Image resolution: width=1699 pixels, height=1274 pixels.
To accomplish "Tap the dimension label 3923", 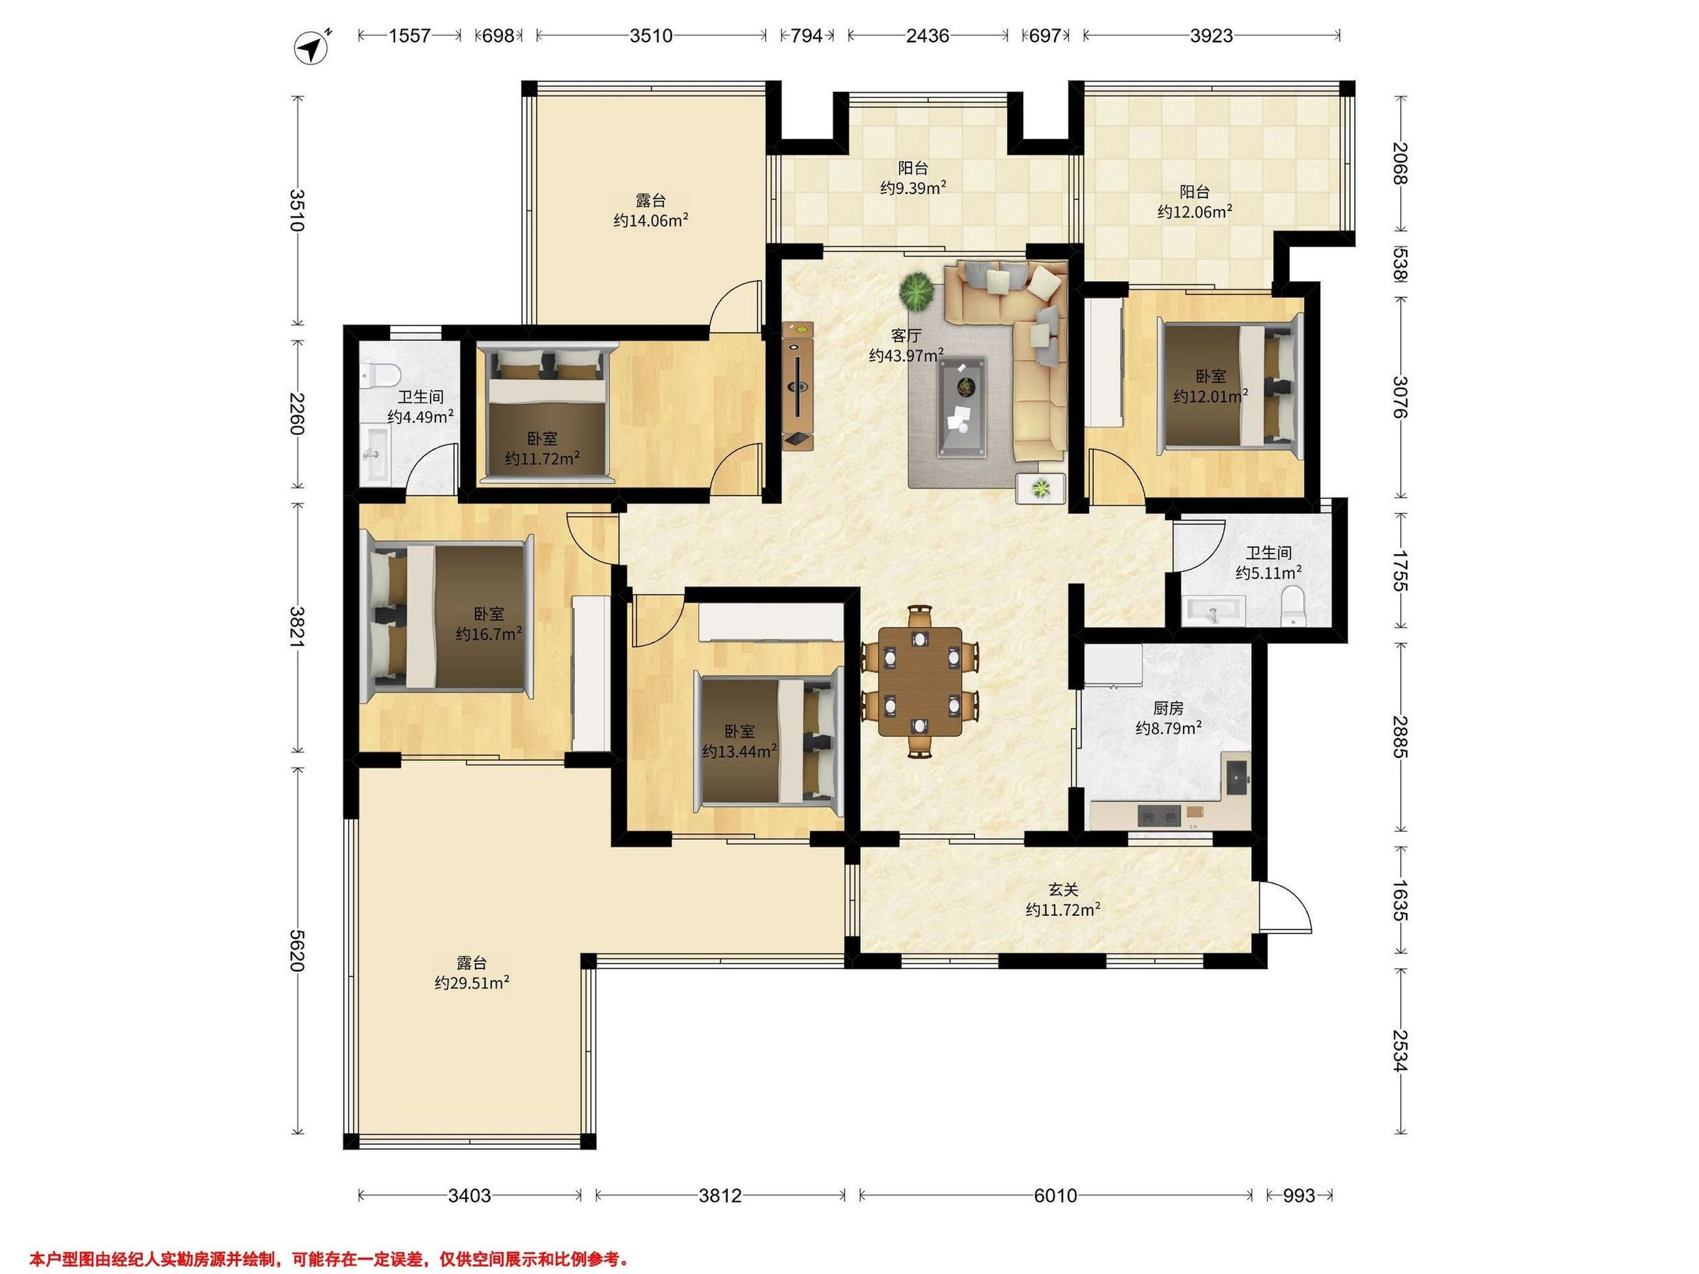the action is tap(1211, 35).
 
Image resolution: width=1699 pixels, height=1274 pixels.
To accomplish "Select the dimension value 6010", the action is tap(1056, 1195).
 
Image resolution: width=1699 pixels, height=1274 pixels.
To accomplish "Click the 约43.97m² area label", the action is tap(906, 355).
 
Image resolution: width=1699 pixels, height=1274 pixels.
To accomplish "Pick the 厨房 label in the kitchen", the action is tap(1168, 708).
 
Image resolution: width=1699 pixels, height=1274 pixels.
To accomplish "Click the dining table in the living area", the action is tap(920, 681).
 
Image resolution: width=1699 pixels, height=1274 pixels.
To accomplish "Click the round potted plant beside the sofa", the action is tap(916, 292).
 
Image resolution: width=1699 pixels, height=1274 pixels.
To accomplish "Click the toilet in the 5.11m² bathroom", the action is tap(1293, 606).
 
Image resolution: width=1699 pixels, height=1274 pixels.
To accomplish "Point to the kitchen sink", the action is tap(1236, 778).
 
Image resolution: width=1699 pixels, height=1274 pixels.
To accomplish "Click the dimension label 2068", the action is tap(1401, 163).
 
